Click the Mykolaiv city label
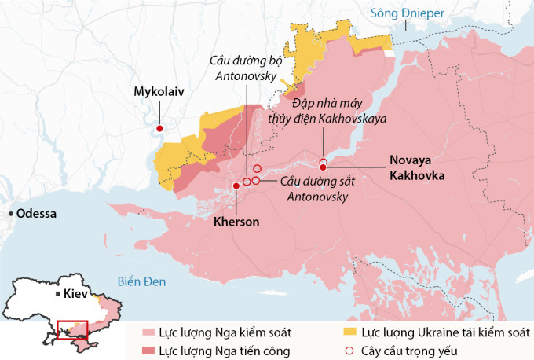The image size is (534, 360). (159, 92)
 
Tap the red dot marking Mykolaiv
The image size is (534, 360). (160, 128)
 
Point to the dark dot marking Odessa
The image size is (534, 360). (10, 214)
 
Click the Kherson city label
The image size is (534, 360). (236, 222)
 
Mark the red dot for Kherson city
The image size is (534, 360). (236, 186)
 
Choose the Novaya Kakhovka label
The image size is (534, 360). (416, 167)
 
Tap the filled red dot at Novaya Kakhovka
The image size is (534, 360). (323, 167)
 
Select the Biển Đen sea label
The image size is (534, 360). (141, 281)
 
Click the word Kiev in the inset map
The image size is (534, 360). (75, 293)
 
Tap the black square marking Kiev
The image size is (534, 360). (57, 294)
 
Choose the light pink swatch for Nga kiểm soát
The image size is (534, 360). (148, 333)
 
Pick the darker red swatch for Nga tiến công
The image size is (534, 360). (148, 351)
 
